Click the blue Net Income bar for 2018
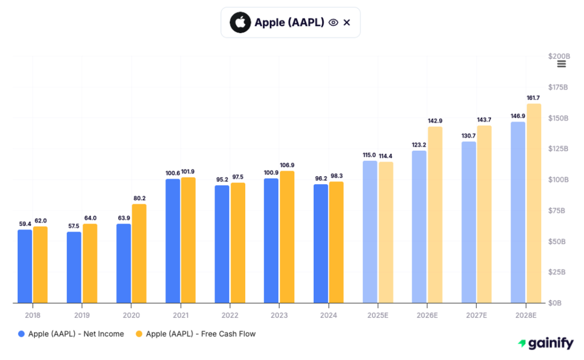[25, 266]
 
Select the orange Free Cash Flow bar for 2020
[139, 253]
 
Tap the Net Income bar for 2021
[173, 241]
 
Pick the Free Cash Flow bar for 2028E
[534, 203]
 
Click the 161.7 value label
[534, 98]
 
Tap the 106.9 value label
[287, 165]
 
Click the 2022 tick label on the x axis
[230, 315]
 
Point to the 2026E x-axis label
[427, 315]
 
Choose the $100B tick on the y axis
[558, 180]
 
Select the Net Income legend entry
[71, 334]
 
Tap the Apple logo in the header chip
[240, 23]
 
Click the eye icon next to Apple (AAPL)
[334, 23]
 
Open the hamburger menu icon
[561, 63]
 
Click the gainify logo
[546, 343]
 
